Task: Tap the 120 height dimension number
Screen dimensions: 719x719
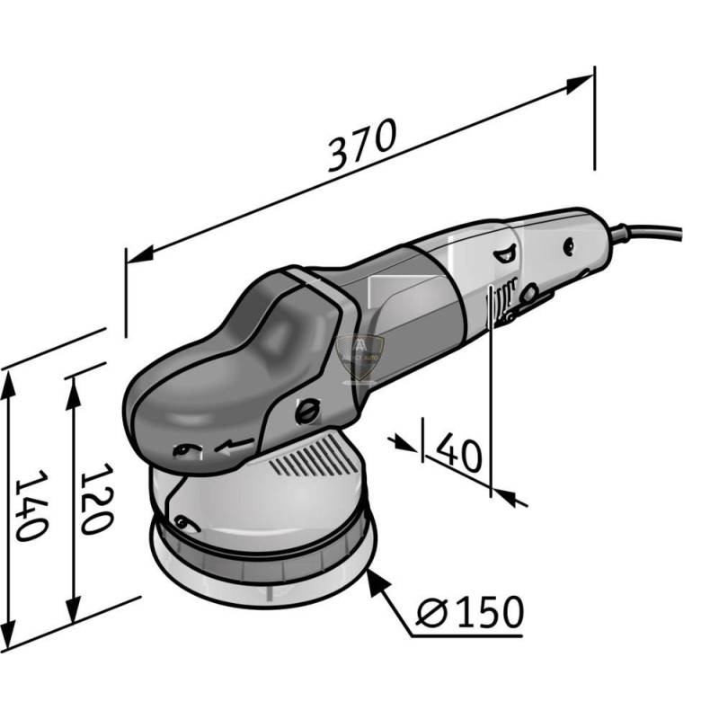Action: tap(95, 499)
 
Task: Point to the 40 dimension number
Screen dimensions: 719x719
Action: tap(458, 453)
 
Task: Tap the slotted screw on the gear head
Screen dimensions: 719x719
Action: tap(307, 410)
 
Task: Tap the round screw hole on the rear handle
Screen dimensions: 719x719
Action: tap(569, 244)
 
